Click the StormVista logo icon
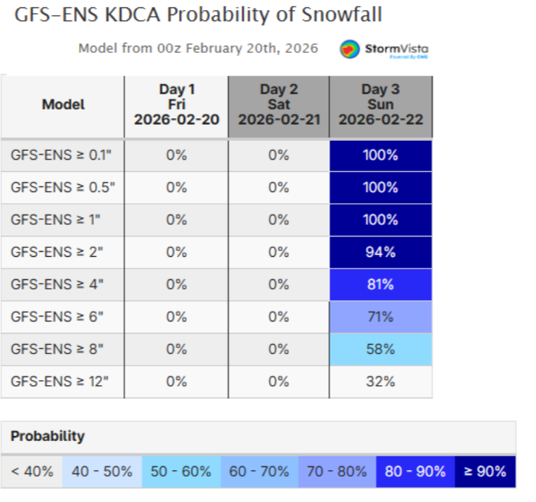351,49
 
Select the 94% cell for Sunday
380,252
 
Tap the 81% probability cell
380,284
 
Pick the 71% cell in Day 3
380,316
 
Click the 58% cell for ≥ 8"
380,349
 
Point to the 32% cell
380,381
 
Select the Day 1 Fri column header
176,105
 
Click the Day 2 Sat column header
279,105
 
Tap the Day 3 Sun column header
380,105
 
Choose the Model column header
63,105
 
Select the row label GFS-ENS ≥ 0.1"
62,155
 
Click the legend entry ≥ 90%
485,472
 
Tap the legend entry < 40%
32,472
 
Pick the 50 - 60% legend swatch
180,472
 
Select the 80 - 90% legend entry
415,472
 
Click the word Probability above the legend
47,436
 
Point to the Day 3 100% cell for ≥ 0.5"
380,187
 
